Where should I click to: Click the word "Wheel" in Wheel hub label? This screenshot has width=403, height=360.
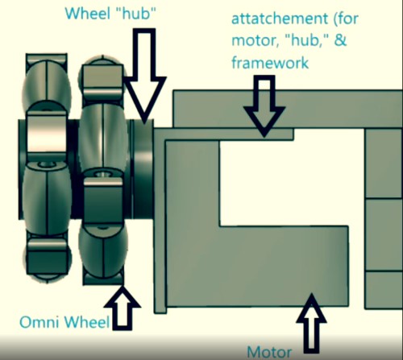[x=89, y=13]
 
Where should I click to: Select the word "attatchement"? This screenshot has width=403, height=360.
[x=280, y=19]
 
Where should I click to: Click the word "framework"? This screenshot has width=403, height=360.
[x=270, y=63]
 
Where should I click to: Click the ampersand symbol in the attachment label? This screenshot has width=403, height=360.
[x=340, y=40]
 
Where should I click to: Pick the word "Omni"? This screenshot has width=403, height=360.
[x=39, y=321]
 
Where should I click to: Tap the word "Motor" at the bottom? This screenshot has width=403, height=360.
[x=269, y=352]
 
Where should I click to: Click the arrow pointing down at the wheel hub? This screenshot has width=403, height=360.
[x=144, y=76]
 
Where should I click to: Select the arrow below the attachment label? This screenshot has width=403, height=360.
[x=264, y=106]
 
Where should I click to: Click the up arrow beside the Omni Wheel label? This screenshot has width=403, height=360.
[x=123, y=308]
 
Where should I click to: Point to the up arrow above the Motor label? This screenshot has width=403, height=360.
[x=312, y=323]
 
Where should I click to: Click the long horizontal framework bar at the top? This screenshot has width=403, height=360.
[x=288, y=109]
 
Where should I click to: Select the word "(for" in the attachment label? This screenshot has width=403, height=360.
[x=347, y=19]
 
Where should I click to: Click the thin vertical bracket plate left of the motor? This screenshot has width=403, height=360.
[x=160, y=220]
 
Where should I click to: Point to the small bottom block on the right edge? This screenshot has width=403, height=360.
[x=384, y=290]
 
